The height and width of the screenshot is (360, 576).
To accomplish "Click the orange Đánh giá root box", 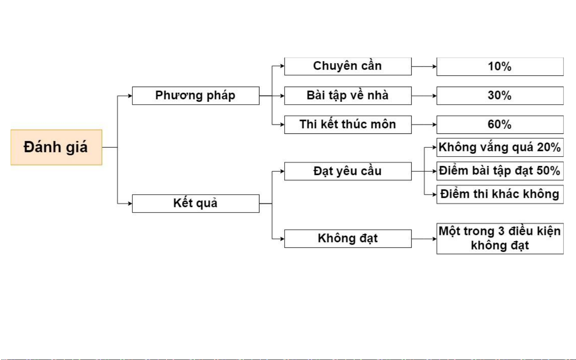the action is pos(56,147).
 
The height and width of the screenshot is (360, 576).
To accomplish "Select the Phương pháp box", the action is pos(196,95).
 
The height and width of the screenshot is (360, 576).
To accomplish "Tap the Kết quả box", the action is pos(196,203).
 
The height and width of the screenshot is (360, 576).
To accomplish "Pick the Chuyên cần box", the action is pos(348,66).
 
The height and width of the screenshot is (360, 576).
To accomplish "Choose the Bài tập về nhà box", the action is pos(348,95).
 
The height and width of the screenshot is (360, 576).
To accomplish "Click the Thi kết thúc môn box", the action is pos(348,125).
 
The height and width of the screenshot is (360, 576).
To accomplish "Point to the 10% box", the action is pos(500,67).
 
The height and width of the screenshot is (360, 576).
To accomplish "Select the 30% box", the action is pos(500,95).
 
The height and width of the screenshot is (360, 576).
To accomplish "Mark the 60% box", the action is pos(500,125).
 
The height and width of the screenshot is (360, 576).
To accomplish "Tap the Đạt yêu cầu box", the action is pos(348,171).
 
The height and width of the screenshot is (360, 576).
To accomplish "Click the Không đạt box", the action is pos(348,239).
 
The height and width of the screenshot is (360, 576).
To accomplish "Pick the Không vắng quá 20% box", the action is pos(500,147).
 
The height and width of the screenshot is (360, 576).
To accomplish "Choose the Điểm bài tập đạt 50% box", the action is pos(500,171).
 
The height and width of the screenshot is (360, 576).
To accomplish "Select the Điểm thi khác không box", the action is pos(500,194).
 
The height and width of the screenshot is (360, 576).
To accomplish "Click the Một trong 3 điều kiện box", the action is pos(500,239).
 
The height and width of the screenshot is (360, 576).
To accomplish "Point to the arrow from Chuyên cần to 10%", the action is pos(424,67).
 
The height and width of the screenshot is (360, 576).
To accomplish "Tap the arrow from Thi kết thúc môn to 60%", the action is pos(424,125).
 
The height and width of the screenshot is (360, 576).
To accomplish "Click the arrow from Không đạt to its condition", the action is pos(424,239).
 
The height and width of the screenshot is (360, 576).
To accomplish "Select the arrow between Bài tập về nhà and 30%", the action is pos(424,96).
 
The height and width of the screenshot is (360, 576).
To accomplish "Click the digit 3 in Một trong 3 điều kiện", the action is pos(501,231).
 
